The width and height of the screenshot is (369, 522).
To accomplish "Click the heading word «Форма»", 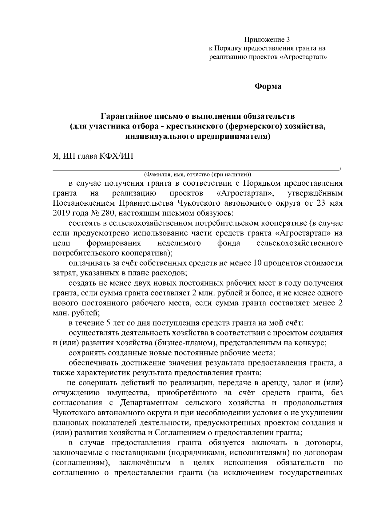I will point(268,86).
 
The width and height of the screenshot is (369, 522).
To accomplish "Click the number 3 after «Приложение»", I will point(288,40).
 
